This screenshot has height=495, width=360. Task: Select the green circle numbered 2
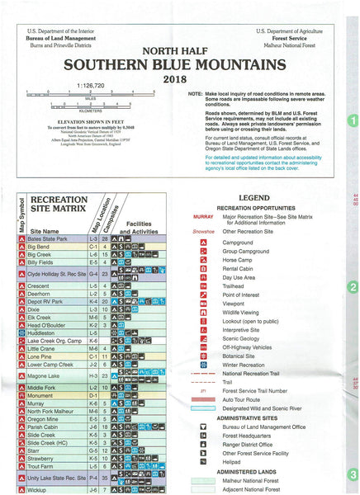point(353,288)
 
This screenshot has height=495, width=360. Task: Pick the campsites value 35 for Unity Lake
point(105,478)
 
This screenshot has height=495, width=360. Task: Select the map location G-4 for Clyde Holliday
point(92,273)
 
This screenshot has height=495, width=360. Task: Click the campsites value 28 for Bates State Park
point(105,238)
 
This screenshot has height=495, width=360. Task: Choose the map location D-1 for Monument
point(92,396)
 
